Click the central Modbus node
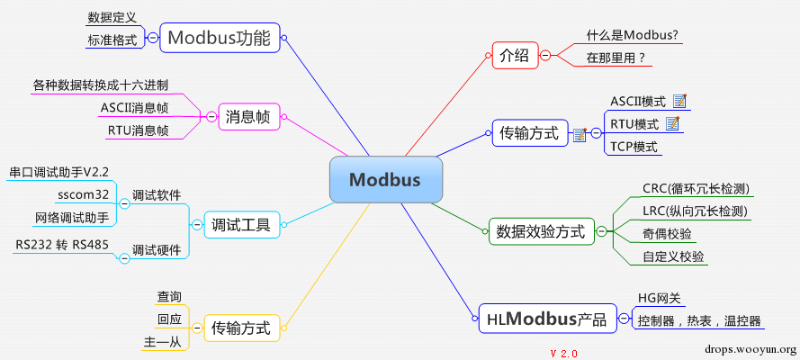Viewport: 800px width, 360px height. (x=385, y=180)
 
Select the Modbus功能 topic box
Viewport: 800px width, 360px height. (x=219, y=38)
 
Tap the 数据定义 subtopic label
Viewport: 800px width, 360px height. (x=112, y=17)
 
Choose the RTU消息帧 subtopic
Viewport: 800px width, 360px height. (x=138, y=130)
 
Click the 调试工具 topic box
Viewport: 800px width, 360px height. (x=240, y=224)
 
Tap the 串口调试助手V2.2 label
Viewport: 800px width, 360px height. (x=58, y=171)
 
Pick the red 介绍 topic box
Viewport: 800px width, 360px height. (x=514, y=56)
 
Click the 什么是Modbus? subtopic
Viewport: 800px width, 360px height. (x=632, y=35)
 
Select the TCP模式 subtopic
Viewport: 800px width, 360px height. (x=634, y=147)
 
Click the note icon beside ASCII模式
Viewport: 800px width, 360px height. (x=679, y=100)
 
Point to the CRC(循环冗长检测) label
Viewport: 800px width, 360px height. (x=696, y=189)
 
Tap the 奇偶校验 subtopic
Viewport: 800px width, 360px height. (x=667, y=234)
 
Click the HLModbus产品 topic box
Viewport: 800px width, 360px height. (x=546, y=319)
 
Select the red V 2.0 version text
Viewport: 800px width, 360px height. (x=563, y=352)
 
